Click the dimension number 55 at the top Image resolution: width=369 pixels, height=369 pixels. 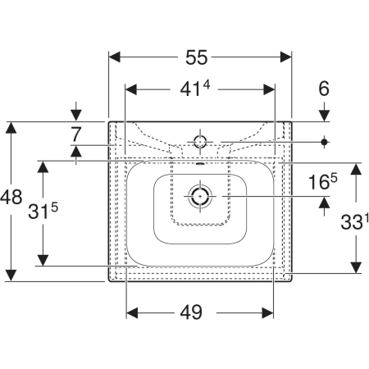point(197,57)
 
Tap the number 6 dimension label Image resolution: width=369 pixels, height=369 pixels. point(324,89)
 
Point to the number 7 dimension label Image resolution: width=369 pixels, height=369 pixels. point(75,134)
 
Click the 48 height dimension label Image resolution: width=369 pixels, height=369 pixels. point(11,197)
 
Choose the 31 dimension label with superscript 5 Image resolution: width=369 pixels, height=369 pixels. point(43,211)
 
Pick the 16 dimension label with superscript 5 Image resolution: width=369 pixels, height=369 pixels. point(323,181)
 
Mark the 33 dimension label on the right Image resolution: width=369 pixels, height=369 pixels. point(352,221)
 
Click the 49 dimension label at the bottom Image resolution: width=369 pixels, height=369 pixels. point(191,312)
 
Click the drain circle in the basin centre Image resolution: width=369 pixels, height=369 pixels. point(200,196)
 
